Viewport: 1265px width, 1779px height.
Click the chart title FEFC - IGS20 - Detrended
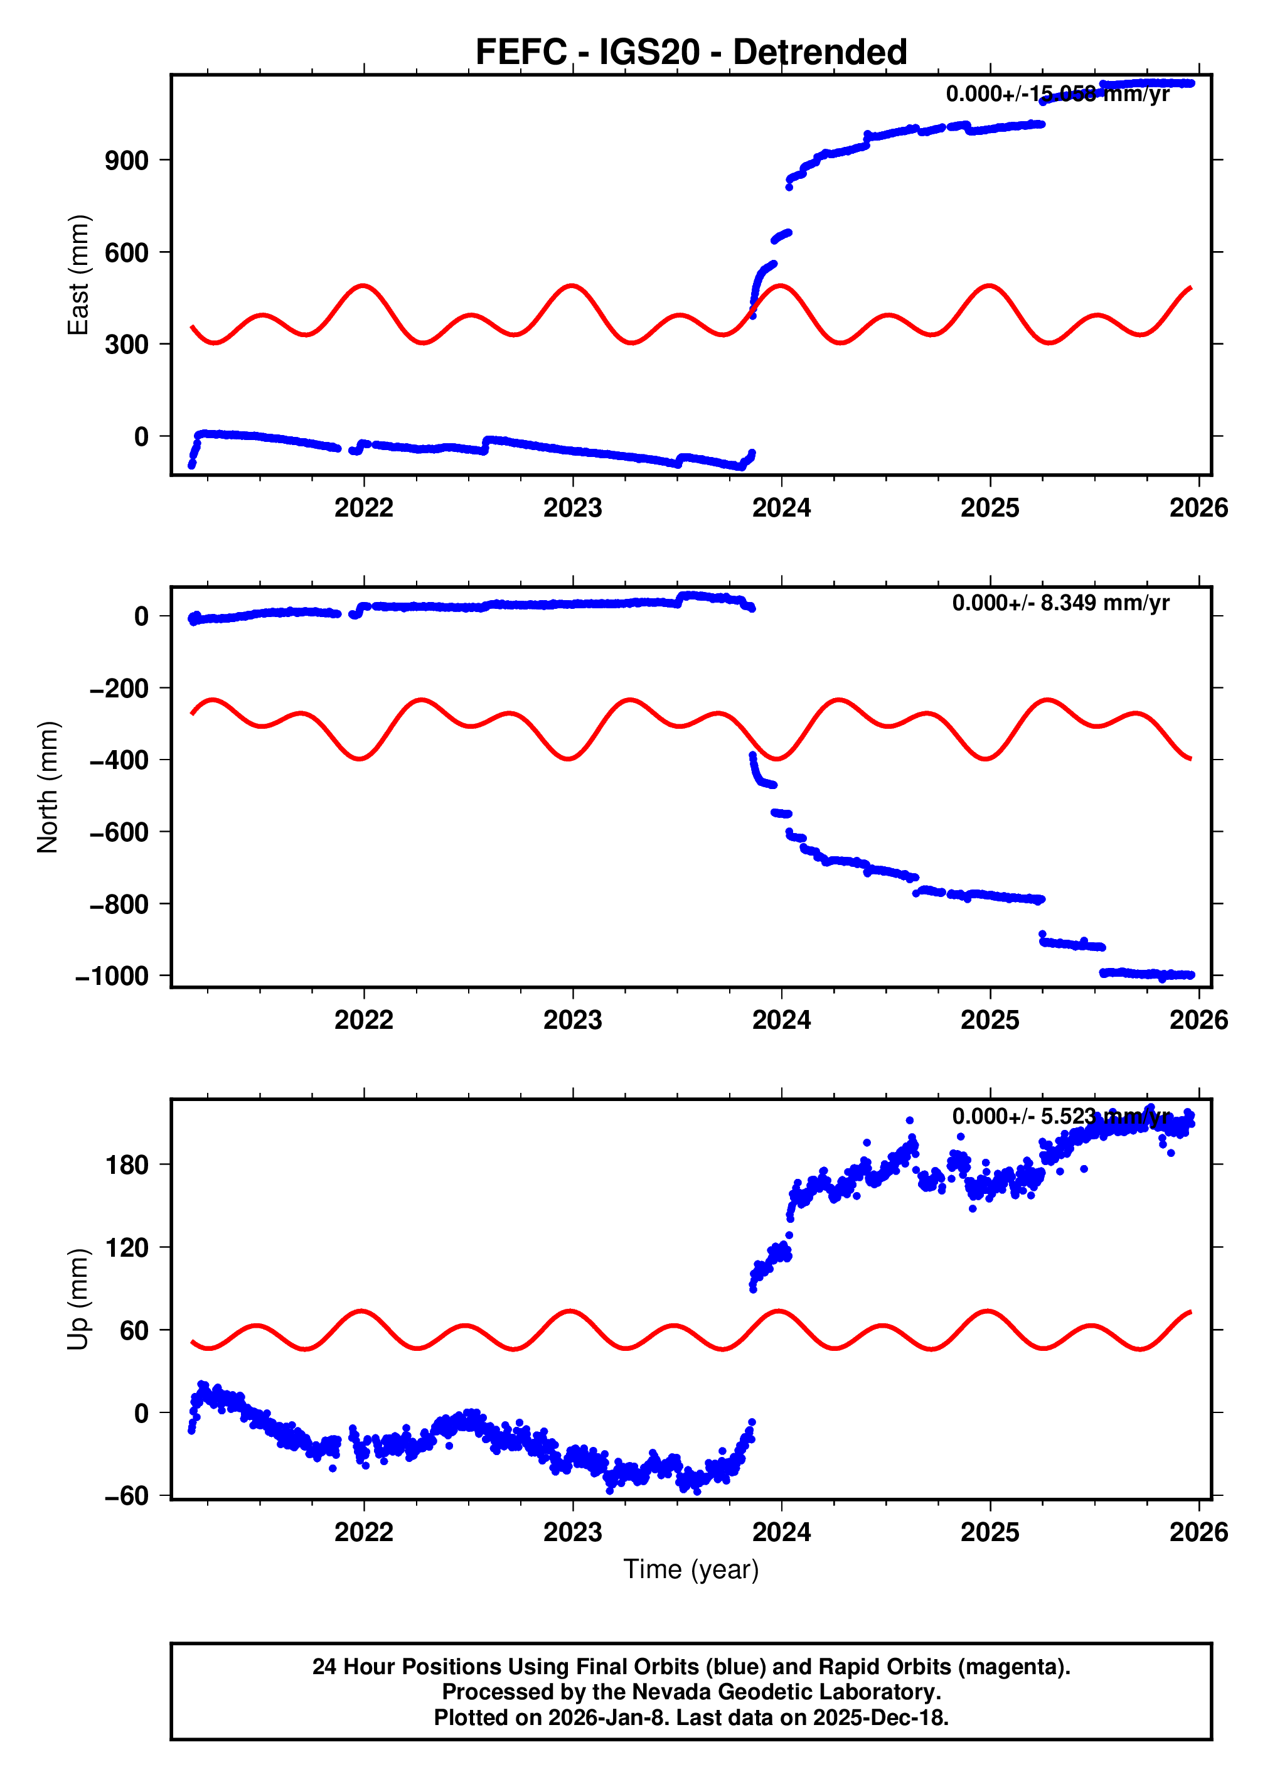[691, 52]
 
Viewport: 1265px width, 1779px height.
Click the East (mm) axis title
[78, 275]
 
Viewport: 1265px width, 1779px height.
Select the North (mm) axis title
[48, 787]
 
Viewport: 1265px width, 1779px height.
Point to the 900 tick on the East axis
[126, 161]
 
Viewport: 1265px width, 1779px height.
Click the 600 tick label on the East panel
[126, 252]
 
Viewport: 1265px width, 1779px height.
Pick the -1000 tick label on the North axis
[112, 976]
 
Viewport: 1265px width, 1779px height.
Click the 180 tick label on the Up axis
[126, 1165]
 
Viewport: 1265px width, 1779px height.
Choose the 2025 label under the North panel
[990, 1020]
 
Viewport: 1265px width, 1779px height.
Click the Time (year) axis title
[691, 1569]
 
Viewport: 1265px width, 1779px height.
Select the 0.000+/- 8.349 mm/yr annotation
[1060, 603]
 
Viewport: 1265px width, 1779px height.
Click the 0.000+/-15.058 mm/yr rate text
[1057, 94]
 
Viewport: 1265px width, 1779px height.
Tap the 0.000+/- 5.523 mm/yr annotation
[1060, 1116]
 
